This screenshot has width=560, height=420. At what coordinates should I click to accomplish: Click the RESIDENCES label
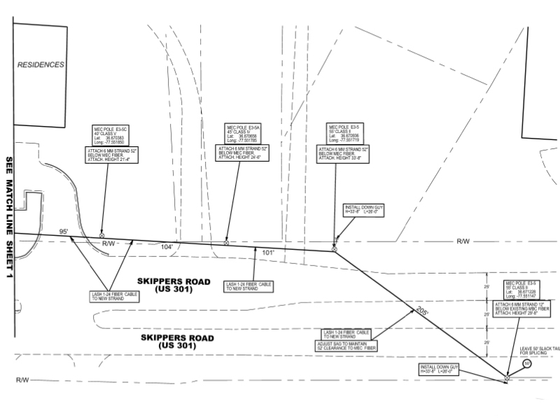click(41, 65)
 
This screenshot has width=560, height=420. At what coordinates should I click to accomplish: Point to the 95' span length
click(64, 231)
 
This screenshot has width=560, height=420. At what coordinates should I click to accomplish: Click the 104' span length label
click(167, 247)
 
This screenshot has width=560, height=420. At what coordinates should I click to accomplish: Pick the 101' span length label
click(269, 251)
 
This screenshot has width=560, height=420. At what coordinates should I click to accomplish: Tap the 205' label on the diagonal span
click(421, 311)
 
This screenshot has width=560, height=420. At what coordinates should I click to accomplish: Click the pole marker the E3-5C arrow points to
click(102, 236)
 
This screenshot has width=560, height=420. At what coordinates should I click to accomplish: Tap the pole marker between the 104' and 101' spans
click(226, 243)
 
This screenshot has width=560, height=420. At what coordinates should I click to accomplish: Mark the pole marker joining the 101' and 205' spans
click(334, 249)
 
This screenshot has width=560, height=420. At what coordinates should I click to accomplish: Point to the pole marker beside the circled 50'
click(507, 378)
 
